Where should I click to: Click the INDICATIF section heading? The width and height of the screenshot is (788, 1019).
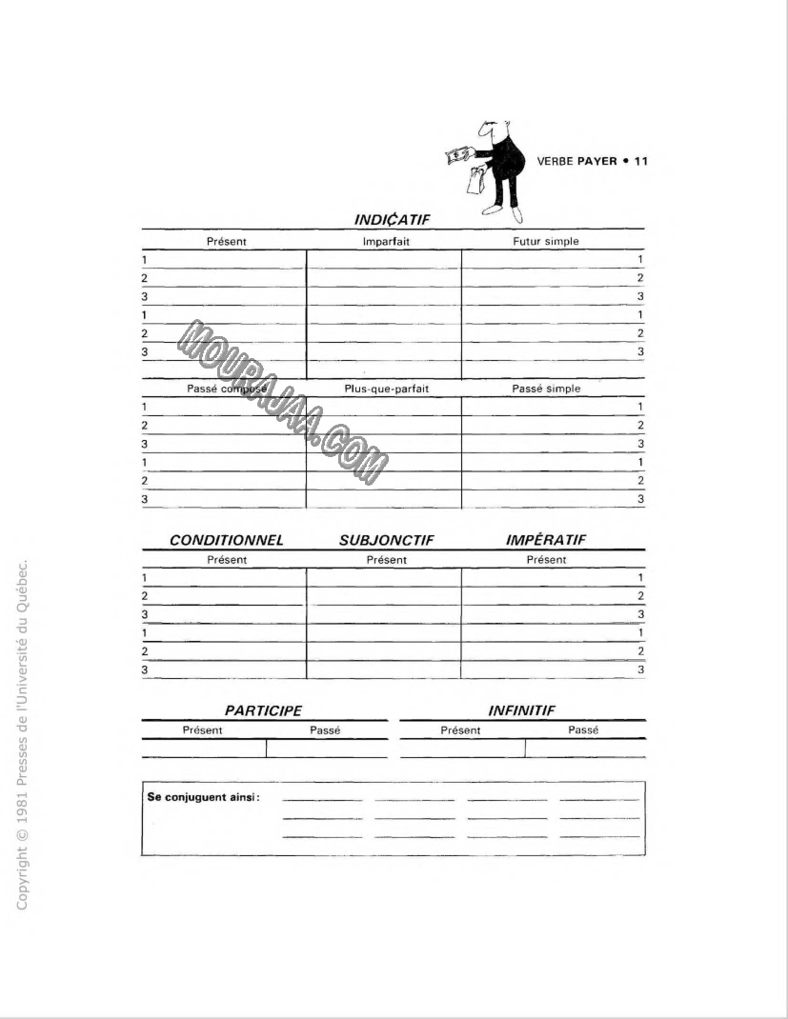click(392, 220)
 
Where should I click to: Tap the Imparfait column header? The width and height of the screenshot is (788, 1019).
click(386, 242)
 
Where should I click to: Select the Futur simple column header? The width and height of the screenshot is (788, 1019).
click(545, 242)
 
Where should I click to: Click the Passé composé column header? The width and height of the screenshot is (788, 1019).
click(227, 389)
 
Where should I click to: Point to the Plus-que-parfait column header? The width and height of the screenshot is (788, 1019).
click(386, 389)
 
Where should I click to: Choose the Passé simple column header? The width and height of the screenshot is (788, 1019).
click(546, 389)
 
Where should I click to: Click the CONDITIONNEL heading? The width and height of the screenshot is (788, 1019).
click(227, 540)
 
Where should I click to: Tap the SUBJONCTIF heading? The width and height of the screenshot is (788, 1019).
click(386, 540)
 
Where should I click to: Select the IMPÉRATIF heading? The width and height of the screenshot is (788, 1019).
click(545, 540)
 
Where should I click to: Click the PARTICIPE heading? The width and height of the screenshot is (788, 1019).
click(263, 710)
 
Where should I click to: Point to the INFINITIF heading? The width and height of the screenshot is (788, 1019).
click(521, 710)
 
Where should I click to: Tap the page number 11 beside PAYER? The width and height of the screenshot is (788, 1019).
click(640, 161)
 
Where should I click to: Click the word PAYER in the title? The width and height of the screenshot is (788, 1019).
click(596, 161)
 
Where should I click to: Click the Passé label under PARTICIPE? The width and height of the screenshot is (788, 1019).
click(325, 730)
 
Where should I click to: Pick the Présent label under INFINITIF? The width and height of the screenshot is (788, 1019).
click(460, 730)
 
